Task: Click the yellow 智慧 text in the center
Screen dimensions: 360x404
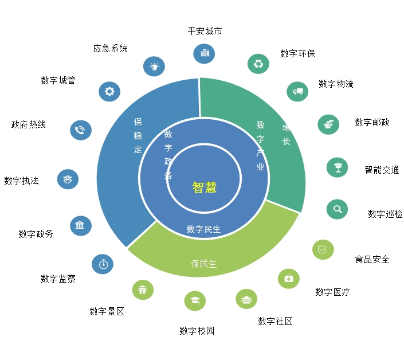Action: click(x=204, y=187)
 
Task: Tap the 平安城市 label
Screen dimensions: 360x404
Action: click(x=205, y=31)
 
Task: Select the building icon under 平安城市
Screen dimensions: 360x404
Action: click(x=205, y=53)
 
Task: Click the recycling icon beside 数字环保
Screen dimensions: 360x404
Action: click(x=258, y=64)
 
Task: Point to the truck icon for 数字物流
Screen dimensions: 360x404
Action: click(x=297, y=91)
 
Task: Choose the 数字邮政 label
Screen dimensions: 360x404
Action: click(x=372, y=122)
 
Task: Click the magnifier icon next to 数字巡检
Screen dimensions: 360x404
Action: click(x=338, y=209)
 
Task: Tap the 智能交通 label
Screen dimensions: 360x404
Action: click(x=382, y=170)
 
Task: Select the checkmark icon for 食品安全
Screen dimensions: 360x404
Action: click(x=323, y=249)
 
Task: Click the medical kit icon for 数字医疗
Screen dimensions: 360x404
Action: click(x=288, y=279)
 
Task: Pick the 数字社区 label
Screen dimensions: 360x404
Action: click(x=275, y=321)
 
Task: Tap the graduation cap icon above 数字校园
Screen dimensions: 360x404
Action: click(x=195, y=300)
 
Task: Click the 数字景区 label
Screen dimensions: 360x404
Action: click(x=107, y=311)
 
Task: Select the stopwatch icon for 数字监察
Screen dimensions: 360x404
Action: click(x=103, y=264)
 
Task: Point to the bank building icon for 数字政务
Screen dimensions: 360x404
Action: click(x=80, y=225)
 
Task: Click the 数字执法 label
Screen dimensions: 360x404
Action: click(x=21, y=181)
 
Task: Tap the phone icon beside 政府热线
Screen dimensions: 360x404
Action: click(x=80, y=130)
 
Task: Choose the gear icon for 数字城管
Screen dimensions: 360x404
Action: click(x=109, y=91)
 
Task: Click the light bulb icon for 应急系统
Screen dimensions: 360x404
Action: click(x=154, y=66)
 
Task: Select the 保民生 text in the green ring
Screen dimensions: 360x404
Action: click(x=204, y=264)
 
